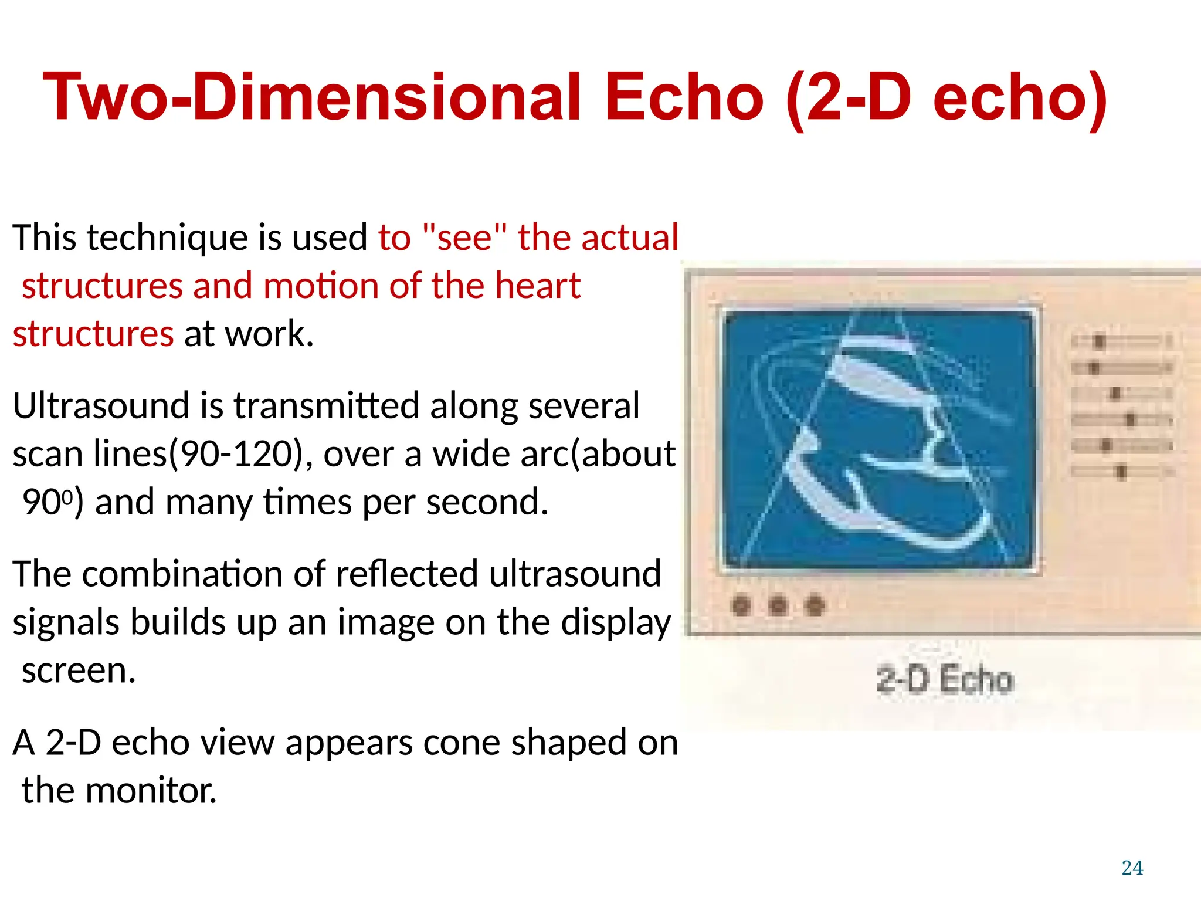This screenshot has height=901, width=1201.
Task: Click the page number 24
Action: [1132, 868]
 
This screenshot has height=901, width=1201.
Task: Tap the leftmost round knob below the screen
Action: [742, 605]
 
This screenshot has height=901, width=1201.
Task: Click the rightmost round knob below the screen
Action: [815, 605]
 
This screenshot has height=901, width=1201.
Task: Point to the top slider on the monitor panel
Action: [1120, 341]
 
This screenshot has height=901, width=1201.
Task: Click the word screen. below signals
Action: [79, 670]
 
